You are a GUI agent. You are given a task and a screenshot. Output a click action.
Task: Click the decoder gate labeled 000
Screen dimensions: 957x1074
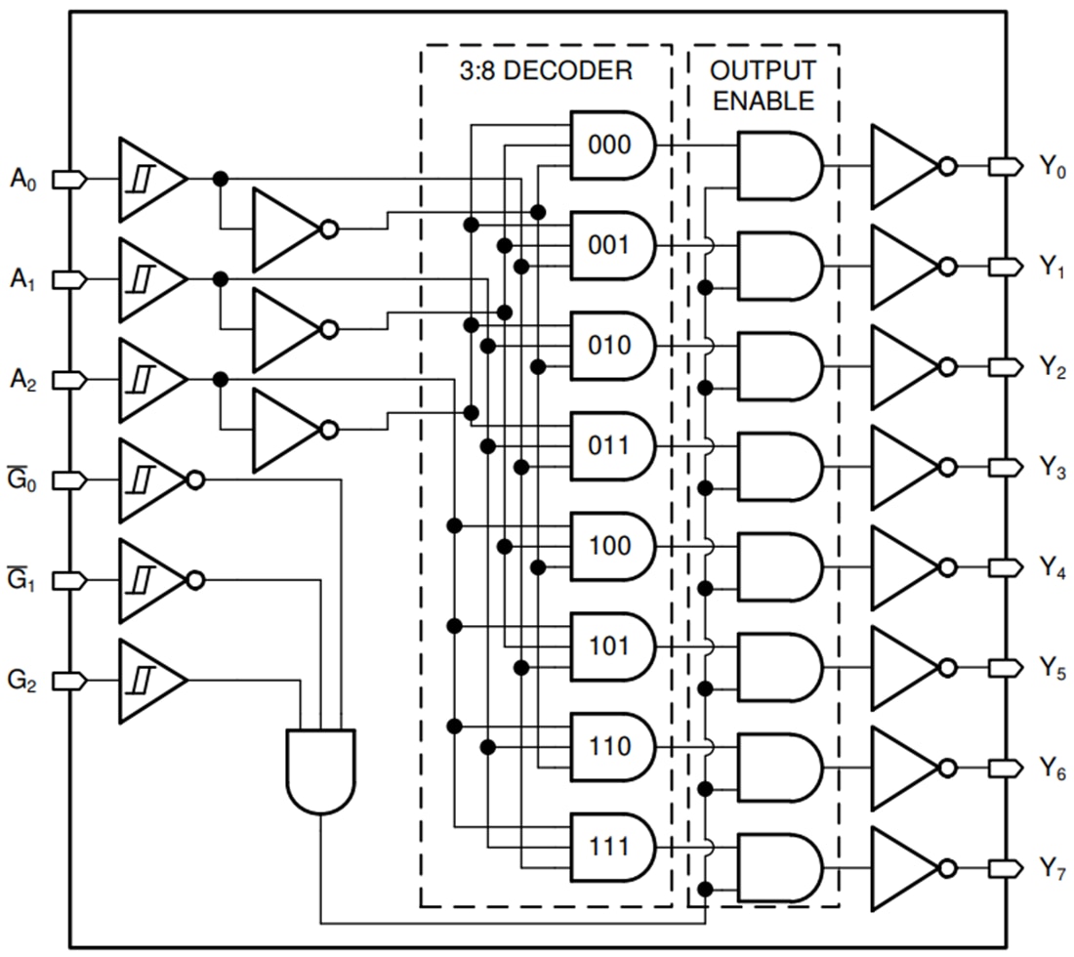pyautogui.click(x=611, y=145)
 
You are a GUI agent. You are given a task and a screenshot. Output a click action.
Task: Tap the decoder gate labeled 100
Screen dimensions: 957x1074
pyautogui.click(x=611, y=546)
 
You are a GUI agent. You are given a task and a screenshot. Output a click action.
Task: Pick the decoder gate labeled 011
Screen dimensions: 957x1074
pyautogui.click(x=611, y=445)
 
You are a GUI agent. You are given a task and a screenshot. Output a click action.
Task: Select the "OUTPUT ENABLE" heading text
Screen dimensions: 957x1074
pyautogui.click(x=763, y=86)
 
